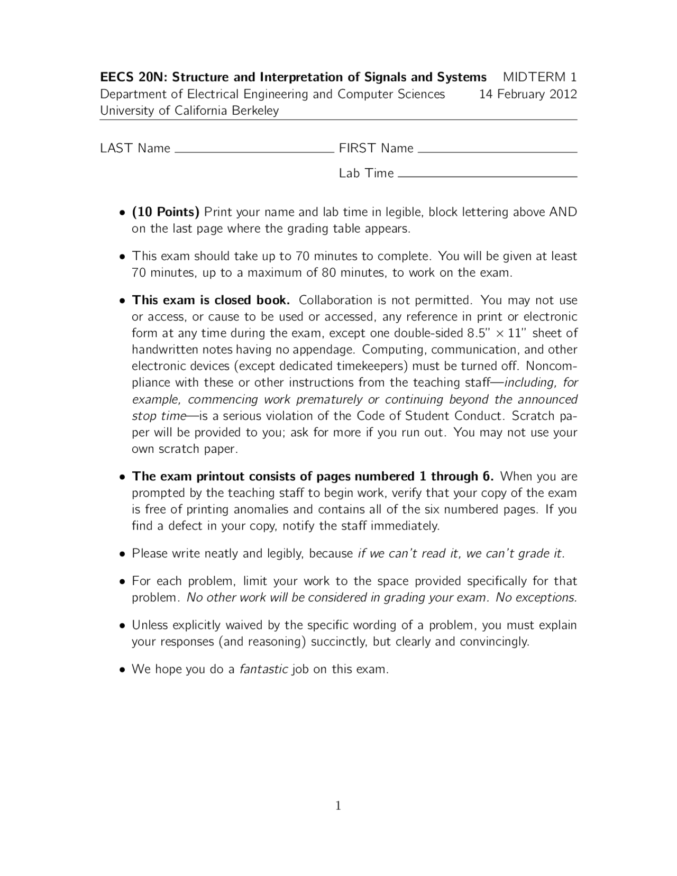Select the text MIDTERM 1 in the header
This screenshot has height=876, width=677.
tap(539, 77)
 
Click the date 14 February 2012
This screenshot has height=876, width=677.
tap(527, 94)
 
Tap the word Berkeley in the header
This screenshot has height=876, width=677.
tap(255, 111)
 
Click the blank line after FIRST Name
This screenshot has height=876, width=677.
tap(497, 151)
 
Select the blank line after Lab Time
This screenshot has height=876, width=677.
tap(487, 176)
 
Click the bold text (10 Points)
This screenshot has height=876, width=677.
tap(166, 212)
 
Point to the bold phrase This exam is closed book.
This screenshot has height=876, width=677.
tap(211, 300)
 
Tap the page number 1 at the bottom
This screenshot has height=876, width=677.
tap(338, 806)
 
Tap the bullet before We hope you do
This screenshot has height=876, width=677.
tap(122, 670)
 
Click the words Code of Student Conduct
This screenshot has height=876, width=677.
tap(428, 416)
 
